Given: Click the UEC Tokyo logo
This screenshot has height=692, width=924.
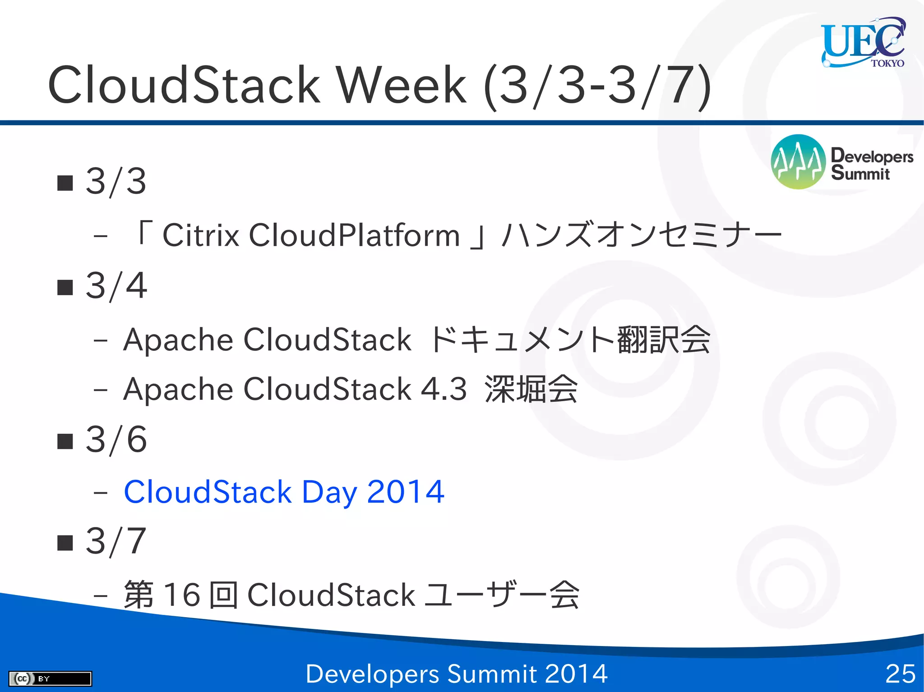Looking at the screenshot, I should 863,43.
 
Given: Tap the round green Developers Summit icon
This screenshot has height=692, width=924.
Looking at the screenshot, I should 798,161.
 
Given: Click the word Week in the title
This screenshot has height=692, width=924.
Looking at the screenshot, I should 401,85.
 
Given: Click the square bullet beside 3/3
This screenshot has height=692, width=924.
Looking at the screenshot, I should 65,183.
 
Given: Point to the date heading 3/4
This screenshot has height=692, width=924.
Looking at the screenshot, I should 116,286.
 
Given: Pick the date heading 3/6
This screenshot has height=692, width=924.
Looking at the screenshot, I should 116,440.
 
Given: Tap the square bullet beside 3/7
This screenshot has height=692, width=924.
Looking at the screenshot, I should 65,543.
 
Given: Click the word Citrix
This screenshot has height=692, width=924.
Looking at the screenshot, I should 200,235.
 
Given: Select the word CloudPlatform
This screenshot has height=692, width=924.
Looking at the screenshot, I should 354,235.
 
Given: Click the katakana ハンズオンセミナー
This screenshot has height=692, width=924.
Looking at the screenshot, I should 642,235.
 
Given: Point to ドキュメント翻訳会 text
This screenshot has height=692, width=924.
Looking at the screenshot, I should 570,340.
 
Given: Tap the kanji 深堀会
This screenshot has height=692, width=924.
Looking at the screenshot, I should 531,389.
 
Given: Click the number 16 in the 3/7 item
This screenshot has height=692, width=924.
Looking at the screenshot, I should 181,595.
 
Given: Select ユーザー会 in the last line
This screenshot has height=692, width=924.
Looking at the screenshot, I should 501,595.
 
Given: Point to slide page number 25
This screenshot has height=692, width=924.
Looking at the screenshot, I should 900,674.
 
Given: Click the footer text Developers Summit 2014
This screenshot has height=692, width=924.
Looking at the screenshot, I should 457,674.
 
